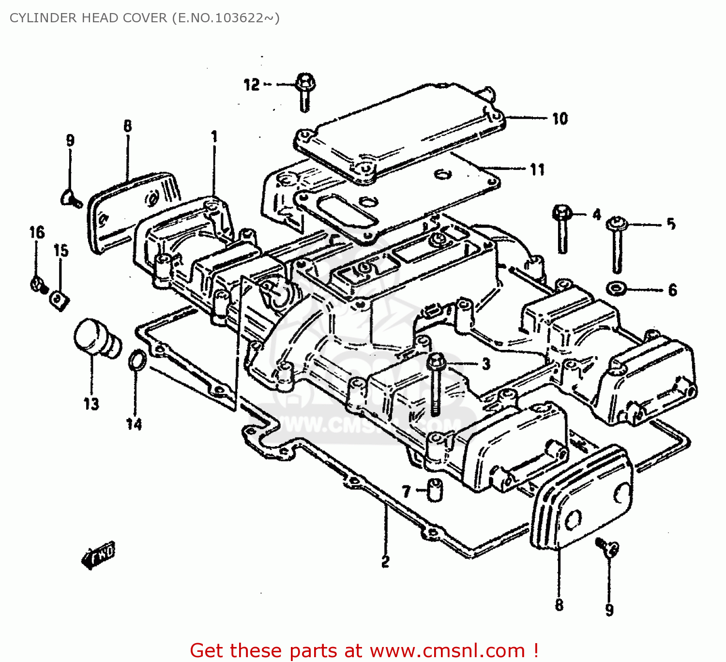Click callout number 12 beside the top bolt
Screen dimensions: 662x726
click(x=251, y=85)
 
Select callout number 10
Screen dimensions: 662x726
click(x=560, y=119)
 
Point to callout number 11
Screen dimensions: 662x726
click(x=537, y=169)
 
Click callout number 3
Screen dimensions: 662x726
click(x=486, y=364)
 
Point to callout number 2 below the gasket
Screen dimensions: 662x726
click(x=385, y=562)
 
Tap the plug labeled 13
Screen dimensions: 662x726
click(x=95, y=338)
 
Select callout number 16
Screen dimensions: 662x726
click(x=37, y=232)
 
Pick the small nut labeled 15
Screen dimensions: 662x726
click(x=59, y=300)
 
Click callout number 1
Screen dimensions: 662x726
click(x=214, y=137)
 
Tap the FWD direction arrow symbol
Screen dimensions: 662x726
click(x=99, y=554)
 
